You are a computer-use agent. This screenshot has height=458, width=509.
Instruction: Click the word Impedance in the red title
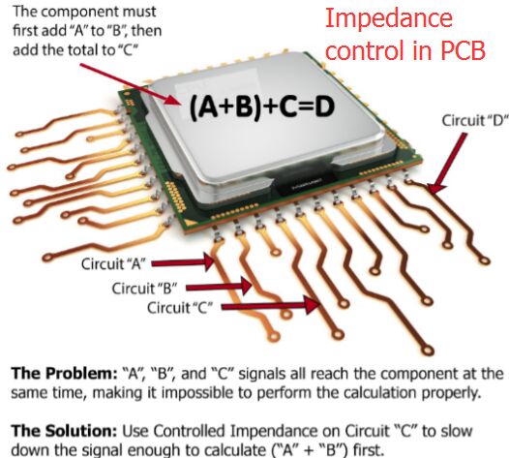[x=389, y=18]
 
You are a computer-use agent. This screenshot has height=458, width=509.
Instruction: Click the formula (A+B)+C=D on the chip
[x=261, y=107]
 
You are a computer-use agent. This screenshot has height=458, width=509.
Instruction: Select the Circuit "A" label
[x=112, y=263]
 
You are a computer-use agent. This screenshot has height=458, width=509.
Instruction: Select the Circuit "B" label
[x=144, y=289]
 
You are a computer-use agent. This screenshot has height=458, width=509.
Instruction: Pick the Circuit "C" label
[x=180, y=307]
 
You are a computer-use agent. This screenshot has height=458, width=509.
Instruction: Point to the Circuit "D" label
[x=474, y=120]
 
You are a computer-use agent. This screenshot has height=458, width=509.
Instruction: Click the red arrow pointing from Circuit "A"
[x=183, y=262]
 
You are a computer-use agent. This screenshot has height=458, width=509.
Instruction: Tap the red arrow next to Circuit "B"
[x=219, y=287]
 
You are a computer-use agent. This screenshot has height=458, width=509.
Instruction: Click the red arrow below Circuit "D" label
[x=448, y=164]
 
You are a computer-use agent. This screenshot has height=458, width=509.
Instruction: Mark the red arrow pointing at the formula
[x=130, y=84]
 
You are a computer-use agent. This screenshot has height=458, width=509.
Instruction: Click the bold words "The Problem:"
[x=64, y=374]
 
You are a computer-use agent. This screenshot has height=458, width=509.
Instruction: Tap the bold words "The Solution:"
[x=64, y=431]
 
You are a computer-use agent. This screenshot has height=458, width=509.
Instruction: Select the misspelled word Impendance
[x=274, y=432]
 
